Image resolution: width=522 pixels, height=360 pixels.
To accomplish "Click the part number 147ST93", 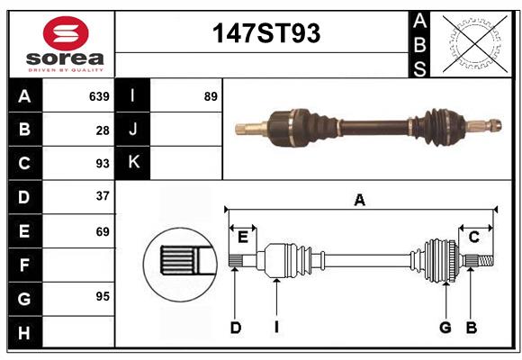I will [x=265, y=33].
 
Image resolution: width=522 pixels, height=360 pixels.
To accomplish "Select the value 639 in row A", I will [x=99, y=95].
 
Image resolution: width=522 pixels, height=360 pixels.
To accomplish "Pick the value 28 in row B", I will [x=103, y=130].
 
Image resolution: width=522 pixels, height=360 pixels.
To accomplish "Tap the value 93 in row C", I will [x=102, y=164].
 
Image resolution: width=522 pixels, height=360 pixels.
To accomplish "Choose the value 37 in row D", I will [x=102, y=196].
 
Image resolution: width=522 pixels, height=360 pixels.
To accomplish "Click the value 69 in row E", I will [x=102, y=231].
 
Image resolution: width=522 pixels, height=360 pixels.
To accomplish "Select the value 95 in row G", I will [x=102, y=295].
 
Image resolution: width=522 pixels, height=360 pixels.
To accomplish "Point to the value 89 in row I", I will [x=211, y=95].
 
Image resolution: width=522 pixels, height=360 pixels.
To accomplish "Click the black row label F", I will [x=24, y=265].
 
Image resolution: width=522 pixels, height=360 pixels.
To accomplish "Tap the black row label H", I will [x=24, y=332].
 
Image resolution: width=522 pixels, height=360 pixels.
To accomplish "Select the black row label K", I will [x=133, y=163].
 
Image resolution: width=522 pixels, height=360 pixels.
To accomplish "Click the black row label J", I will [x=133, y=130].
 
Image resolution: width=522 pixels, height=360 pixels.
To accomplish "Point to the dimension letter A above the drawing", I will [x=360, y=201].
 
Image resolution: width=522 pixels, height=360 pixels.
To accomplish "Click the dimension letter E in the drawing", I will [x=243, y=237].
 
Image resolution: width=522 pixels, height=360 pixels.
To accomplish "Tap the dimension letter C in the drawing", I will [x=473, y=237].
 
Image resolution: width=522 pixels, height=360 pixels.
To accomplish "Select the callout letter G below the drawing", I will [x=445, y=328].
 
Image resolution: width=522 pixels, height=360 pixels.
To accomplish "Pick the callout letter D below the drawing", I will [x=235, y=328].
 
